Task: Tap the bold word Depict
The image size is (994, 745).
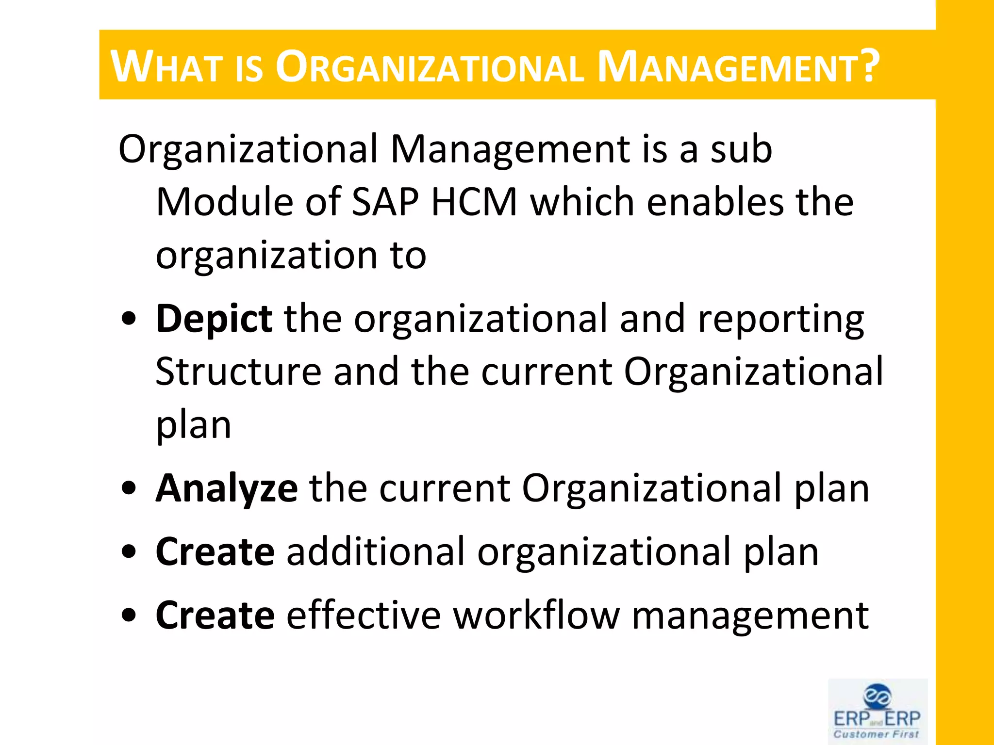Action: pos(214,319)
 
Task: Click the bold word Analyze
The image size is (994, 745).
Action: pos(226,489)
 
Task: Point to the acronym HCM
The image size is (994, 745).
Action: pos(474,202)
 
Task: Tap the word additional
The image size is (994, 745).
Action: pos(376,552)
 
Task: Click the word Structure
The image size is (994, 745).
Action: pos(238,372)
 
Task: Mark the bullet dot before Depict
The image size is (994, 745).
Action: pos(129,320)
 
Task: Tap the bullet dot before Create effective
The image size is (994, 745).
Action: pos(129,616)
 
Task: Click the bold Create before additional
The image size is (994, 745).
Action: pos(215,552)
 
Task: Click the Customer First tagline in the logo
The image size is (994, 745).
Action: pos(877,734)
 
